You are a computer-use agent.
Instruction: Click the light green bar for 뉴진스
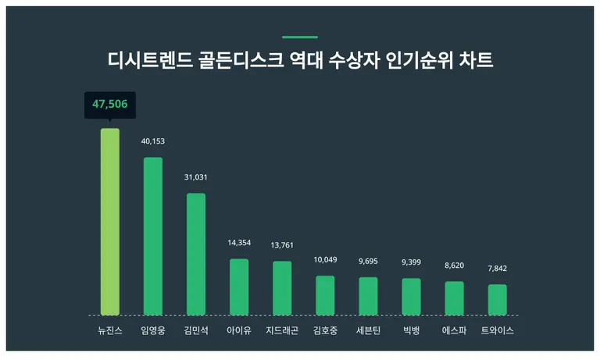(x=110, y=222)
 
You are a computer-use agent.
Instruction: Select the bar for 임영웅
(x=153, y=236)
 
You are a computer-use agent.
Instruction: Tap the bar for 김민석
(x=196, y=254)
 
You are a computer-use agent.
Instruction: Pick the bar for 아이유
(x=239, y=287)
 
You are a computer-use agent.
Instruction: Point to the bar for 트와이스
(x=498, y=299)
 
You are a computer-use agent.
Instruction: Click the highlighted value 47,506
(x=110, y=104)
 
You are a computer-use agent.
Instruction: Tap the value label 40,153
(x=153, y=141)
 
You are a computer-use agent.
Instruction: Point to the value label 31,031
(x=196, y=177)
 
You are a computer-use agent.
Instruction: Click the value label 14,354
(x=239, y=243)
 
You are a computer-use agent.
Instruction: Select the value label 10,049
(x=325, y=259)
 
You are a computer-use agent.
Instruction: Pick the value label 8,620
(x=455, y=266)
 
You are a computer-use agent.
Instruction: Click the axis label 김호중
(x=325, y=330)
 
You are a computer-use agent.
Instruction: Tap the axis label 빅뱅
(x=411, y=330)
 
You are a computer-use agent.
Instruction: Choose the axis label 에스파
(x=455, y=330)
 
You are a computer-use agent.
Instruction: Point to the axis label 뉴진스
(x=110, y=330)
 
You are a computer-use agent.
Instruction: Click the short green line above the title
(x=300, y=37)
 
